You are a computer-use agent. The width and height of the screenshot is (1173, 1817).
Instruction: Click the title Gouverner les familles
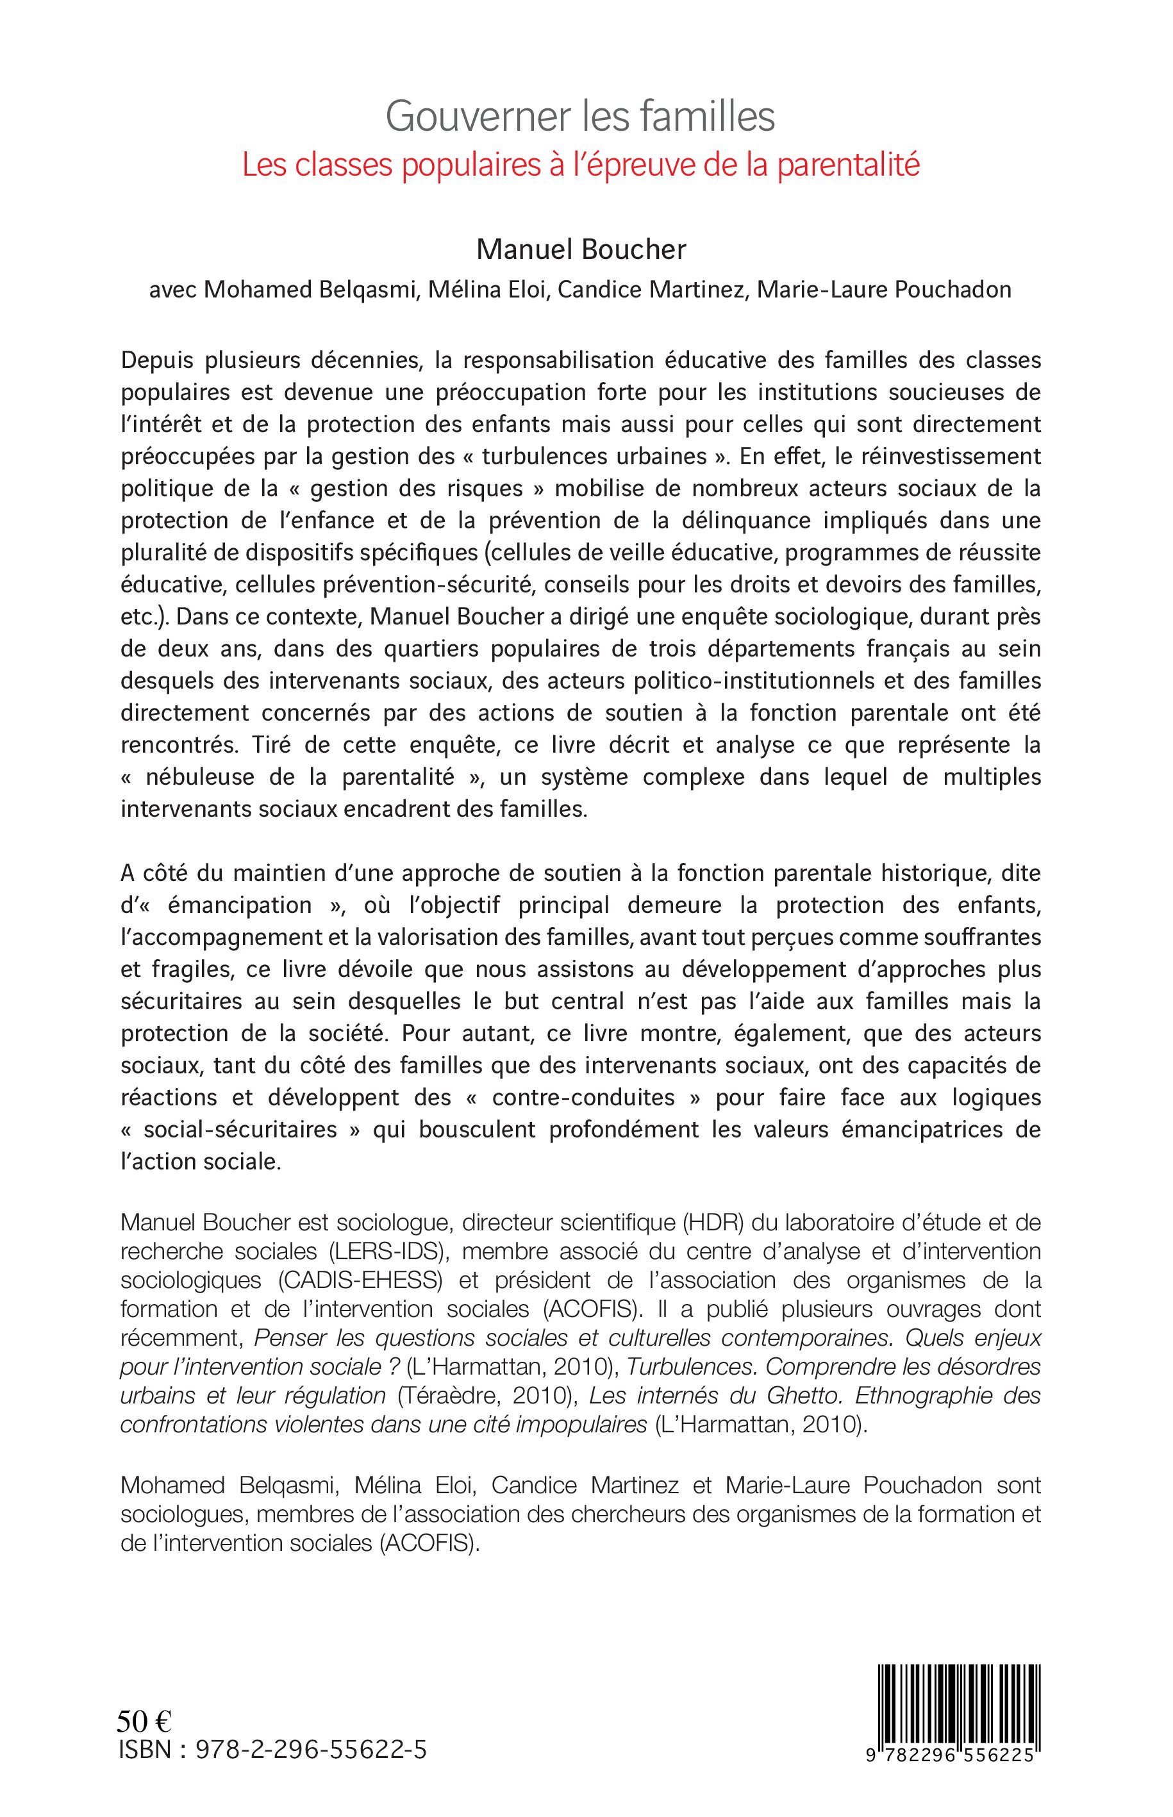pos(580,117)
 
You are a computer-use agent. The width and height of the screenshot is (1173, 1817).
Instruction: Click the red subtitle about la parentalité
pos(580,165)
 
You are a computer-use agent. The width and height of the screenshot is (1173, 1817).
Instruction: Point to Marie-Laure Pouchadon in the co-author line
pos(883,290)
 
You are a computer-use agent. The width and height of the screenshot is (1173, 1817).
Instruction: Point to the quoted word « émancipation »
pos(241,905)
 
